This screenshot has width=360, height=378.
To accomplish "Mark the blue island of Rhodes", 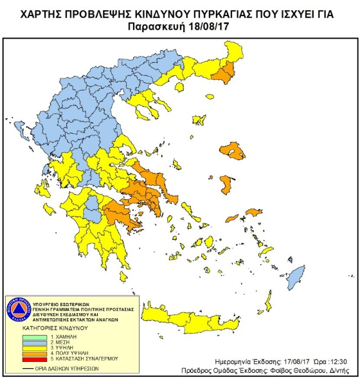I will point(296,278).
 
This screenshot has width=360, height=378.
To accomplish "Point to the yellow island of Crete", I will point(193,317).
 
